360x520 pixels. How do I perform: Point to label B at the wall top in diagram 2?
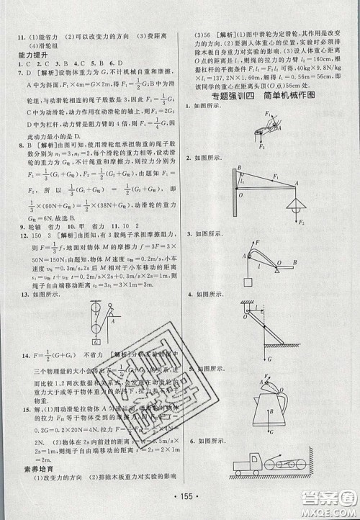(x=239, y=167)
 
